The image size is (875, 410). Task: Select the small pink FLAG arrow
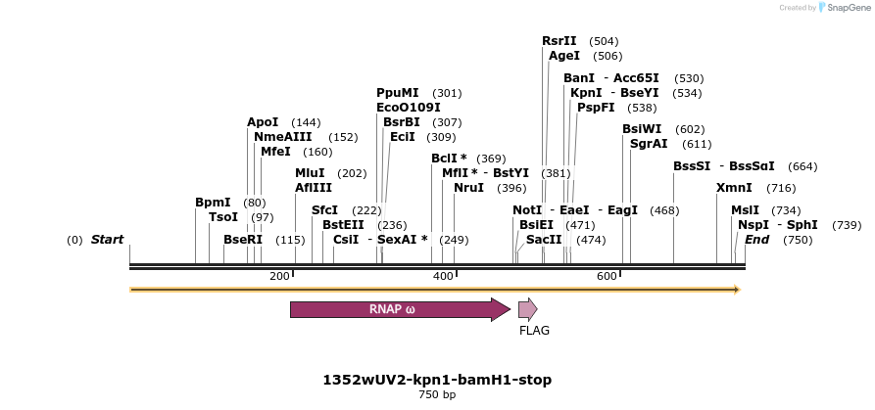tap(527, 310)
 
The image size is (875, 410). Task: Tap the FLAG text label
tap(534, 331)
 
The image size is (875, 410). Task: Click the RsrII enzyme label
tap(559, 41)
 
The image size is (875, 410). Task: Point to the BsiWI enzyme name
tap(642, 129)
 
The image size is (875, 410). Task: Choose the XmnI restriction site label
tap(734, 188)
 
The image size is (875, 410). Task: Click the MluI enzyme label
tap(310, 173)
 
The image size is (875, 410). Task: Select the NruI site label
tap(468, 188)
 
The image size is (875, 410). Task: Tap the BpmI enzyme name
tap(213, 203)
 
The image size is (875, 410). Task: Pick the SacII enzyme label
tap(544, 240)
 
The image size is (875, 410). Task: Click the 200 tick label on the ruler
tap(279, 277)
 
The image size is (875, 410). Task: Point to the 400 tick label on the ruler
tap(443, 277)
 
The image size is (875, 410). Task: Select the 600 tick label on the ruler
tap(607, 277)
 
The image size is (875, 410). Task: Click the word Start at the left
tap(107, 240)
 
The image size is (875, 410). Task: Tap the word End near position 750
tap(756, 240)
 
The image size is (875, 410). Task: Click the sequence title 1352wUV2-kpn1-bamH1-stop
tap(437, 380)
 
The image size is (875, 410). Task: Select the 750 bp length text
tap(437, 395)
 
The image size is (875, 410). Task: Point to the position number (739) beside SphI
tap(847, 225)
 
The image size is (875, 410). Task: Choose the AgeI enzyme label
tap(564, 56)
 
